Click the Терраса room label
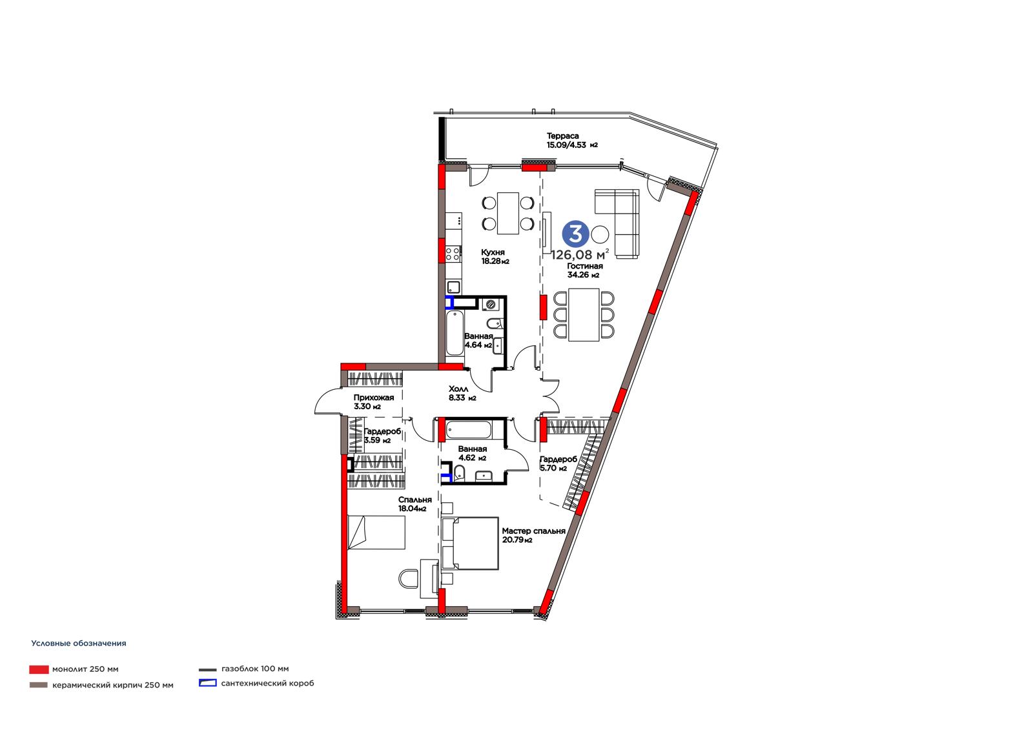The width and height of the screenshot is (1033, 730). [562, 136]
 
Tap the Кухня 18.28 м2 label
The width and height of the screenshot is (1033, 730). [495, 257]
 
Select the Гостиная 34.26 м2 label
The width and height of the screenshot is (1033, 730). [584, 270]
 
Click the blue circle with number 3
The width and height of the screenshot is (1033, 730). [575, 234]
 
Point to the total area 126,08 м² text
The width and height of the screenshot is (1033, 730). [580, 254]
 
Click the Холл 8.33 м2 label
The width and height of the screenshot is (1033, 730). [462, 393]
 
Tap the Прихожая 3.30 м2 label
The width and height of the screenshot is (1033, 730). [374, 402]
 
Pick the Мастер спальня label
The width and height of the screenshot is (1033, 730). [533, 531]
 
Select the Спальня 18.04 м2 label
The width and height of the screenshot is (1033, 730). [414, 504]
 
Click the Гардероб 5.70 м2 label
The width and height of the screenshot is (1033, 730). [558, 464]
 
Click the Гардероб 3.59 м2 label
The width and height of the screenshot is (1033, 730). [382, 436]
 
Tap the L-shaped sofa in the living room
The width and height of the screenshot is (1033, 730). [617, 224]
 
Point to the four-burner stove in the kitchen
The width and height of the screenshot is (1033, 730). [453, 253]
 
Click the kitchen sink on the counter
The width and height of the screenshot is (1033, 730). [454, 287]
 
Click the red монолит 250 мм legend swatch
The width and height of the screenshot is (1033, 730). [39, 669]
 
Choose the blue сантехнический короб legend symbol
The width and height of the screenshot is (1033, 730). [207, 683]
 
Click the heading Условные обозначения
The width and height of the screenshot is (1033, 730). [78, 644]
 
